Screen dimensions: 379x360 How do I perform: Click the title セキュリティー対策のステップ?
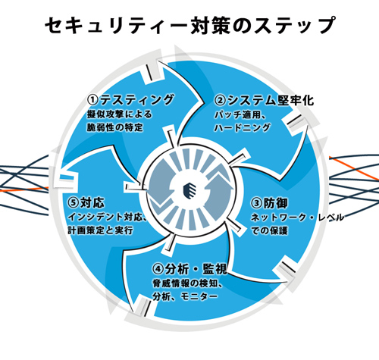190,25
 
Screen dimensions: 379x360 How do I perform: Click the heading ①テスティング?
130,99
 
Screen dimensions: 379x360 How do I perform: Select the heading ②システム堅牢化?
264,100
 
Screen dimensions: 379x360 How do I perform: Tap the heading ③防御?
269,203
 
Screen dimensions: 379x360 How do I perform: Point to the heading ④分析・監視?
190,269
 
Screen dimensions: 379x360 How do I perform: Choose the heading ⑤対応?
86,202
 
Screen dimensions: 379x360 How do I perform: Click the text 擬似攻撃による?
120,114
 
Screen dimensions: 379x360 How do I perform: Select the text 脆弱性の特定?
115,127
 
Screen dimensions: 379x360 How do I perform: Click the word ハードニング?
242,128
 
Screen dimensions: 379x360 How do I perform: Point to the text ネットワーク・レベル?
297,218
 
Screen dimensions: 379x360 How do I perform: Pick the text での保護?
269,230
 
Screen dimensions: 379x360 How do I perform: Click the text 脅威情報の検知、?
187,283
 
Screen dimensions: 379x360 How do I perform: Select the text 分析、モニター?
185,296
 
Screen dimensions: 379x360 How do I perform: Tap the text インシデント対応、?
108,217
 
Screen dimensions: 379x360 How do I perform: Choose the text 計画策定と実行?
100,230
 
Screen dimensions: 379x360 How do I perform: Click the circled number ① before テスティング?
92,100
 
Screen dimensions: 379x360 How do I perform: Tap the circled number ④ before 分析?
158,269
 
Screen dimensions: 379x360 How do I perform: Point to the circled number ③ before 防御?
257,203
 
